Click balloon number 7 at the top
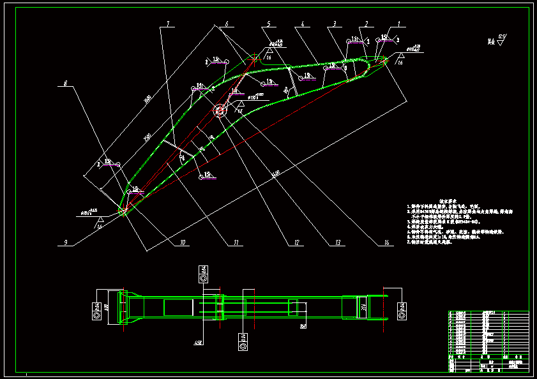169,24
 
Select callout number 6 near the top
225,24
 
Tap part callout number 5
268,24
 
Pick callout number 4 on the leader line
302,24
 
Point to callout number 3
333,24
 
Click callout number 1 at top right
399,24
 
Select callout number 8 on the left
64,84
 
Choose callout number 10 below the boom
182,242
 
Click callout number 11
236,242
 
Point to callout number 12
296,242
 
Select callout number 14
386,242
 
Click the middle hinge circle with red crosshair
220,110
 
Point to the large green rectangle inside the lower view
179,307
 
